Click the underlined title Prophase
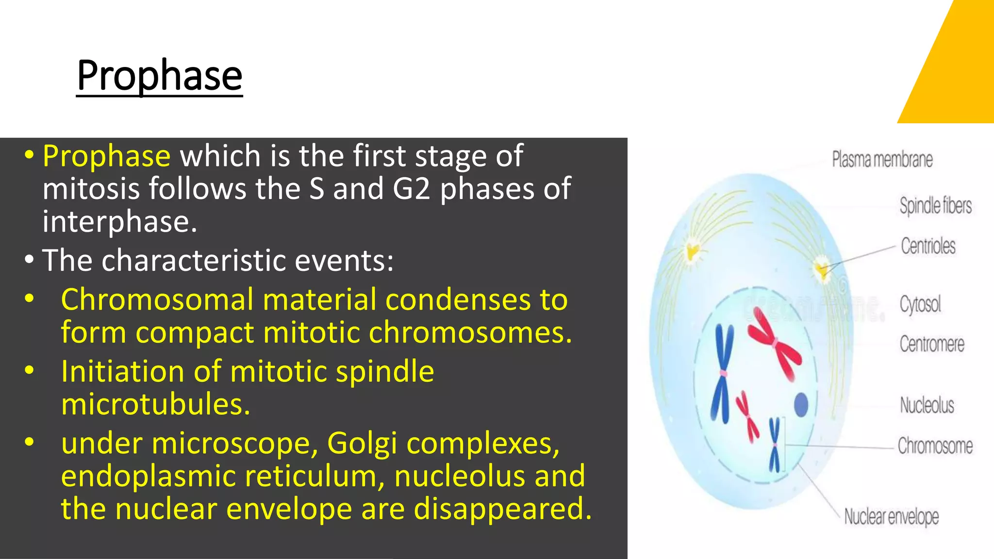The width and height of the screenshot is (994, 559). tap(159, 76)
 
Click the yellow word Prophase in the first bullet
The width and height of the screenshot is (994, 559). tap(106, 156)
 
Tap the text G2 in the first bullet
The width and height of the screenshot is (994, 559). tap(411, 189)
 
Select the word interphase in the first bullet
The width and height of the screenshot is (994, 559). tap(119, 222)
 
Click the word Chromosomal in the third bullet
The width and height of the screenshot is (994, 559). tap(157, 299)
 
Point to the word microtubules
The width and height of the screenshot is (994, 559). tap(155, 404)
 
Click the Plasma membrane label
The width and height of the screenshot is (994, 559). tap(882, 160)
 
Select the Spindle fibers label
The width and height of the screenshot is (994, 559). tap(935, 206)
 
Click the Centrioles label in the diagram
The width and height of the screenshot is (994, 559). tap(928, 246)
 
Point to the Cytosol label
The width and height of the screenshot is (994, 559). tap(920, 305)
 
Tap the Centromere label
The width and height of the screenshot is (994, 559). tap(931, 344)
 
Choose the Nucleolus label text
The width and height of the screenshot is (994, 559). tap(927, 405)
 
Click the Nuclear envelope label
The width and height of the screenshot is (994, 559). tap(891, 517)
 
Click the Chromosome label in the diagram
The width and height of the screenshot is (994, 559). tap(935, 445)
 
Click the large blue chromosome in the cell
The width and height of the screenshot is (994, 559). tap(722, 374)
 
